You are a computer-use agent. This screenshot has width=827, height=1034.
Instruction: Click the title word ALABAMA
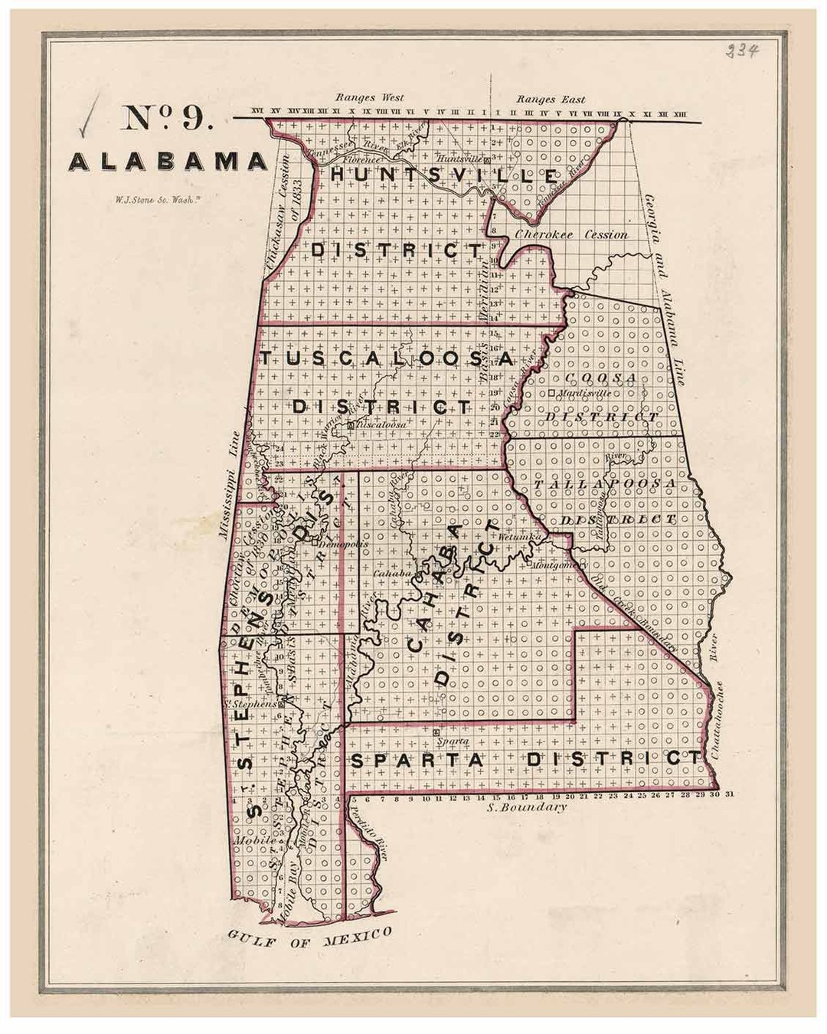168,162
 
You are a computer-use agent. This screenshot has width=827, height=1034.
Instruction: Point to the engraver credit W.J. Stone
161,202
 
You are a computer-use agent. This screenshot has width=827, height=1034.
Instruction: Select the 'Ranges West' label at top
369,98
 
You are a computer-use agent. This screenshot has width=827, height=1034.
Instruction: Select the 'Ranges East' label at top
550,99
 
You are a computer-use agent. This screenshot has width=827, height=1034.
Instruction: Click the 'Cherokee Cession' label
571,234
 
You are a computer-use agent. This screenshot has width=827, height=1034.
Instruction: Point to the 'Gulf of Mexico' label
309,937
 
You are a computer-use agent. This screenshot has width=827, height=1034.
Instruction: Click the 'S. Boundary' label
528,807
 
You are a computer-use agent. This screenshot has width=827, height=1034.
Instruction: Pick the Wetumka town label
519,538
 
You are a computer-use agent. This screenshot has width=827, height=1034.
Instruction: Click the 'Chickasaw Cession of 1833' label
279,211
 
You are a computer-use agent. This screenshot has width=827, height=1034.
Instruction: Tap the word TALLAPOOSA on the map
605,484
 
